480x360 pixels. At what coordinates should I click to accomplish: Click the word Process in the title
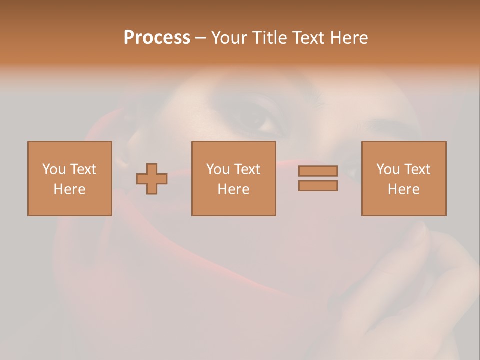pyautogui.click(x=157, y=38)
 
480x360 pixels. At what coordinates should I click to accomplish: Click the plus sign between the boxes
pyautogui.click(x=152, y=179)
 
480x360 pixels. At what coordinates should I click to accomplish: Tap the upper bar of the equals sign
pyautogui.click(x=318, y=171)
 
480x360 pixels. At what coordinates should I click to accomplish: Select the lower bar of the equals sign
pyautogui.click(x=318, y=185)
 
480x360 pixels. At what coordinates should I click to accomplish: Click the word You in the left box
pyautogui.click(x=54, y=169)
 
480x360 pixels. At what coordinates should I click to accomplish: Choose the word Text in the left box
pyautogui.click(x=82, y=169)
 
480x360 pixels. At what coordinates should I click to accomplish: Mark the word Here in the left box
pyautogui.click(x=69, y=189)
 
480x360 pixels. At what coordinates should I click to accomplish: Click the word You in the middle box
pyautogui.click(x=218, y=169)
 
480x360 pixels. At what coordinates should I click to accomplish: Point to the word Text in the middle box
pyautogui.click(x=246, y=169)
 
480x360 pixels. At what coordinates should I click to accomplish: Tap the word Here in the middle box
pyautogui.click(x=233, y=189)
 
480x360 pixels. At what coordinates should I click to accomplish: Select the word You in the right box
pyautogui.click(x=388, y=169)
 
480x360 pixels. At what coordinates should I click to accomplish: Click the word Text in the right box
pyautogui.click(x=416, y=169)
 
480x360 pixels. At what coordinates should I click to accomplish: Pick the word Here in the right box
pyautogui.click(x=403, y=189)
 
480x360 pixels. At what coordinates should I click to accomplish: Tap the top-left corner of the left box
pyautogui.click(x=28, y=142)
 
